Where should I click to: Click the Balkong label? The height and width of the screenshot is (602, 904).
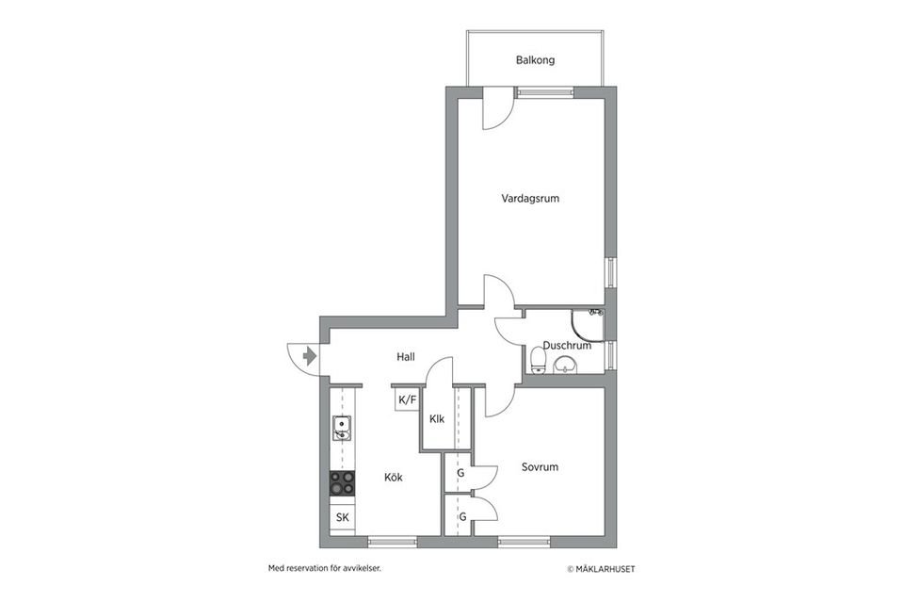pos(535,60)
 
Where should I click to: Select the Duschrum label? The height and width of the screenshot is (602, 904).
pos(567,345)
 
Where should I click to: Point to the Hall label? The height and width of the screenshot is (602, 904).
pos(406,357)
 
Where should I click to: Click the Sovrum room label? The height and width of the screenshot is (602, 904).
pos(541,467)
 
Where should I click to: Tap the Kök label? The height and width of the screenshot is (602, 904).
pos(394,478)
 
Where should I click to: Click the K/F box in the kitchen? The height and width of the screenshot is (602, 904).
pos(407,400)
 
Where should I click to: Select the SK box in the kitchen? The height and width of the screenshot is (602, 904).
pos(342,518)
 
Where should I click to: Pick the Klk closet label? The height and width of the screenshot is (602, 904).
pos(437,419)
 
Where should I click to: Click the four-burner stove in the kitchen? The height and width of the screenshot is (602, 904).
pos(342,483)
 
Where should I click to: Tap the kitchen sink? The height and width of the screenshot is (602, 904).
pos(341,430)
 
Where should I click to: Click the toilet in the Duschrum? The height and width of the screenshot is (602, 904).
pos(537,359)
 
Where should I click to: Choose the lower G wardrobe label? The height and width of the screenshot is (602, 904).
pos(462,516)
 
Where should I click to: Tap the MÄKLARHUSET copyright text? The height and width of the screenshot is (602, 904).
pos(606,569)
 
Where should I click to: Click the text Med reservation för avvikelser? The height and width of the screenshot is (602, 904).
pos(324,569)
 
